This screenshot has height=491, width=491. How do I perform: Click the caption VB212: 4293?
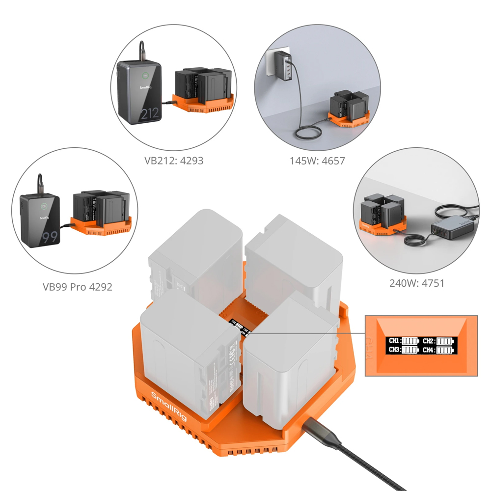173,160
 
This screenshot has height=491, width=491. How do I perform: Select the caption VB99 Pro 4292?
77,287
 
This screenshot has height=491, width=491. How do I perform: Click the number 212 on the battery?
149,114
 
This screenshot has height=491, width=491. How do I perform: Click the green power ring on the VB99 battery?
44,207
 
